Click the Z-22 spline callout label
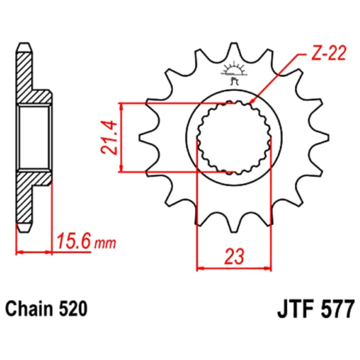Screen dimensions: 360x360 point(329,54)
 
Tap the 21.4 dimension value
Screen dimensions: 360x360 point(109,138)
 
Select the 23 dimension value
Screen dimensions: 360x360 point(234,256)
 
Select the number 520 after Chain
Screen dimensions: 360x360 point(73,309)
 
